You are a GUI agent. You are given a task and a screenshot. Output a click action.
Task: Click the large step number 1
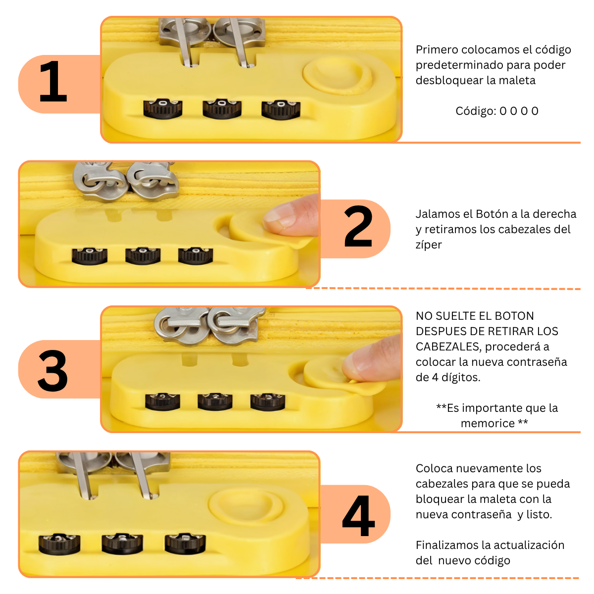pos(52,81)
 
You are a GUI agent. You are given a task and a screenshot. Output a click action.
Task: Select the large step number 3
pos(52,371)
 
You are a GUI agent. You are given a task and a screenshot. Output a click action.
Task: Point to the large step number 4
pos(358,515)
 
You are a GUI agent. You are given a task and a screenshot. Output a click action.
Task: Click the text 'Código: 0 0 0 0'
pos(496,111)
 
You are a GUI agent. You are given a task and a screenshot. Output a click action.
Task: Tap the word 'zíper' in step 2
pos(429,245)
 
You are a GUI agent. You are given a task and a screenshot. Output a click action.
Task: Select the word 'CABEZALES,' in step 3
pos(448,346)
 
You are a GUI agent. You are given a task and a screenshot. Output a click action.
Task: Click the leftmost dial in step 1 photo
pos(163,108)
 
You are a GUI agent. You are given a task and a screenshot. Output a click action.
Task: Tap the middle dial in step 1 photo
pos(222,108)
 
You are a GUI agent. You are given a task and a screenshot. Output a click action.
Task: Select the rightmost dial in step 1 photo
pos(281,109)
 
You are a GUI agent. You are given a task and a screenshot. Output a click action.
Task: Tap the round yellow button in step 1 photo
pos(338,76)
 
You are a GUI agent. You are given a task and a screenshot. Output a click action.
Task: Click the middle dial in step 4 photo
pos(122,544)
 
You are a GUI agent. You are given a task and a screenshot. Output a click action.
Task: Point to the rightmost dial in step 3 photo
pos(268,401)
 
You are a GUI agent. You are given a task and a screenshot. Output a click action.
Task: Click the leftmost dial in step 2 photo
pos(90,256)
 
